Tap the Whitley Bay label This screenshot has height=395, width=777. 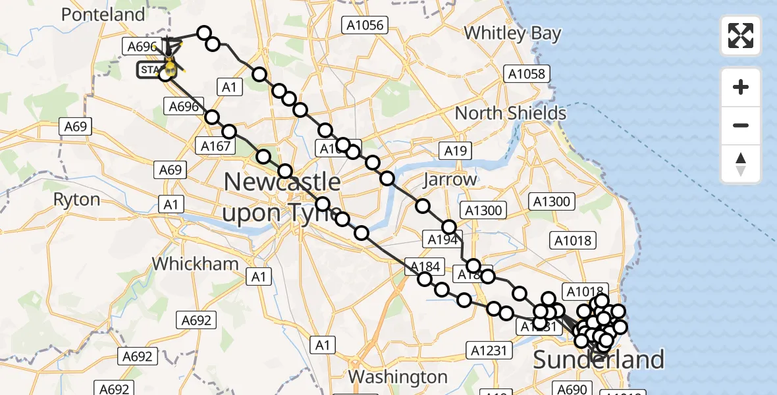(512, 33)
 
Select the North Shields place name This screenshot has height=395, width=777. (510, 113)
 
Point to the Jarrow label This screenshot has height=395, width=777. (450, 179)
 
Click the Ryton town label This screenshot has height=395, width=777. (77, 199)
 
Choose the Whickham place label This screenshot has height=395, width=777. (196, 264)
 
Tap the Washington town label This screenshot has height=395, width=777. (398, 377)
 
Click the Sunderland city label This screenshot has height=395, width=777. (598, 360)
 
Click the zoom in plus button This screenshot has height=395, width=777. (741, 87)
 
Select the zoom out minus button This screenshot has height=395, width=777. (741, 125)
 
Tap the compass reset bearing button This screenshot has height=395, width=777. (741, 164)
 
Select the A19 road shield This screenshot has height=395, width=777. (455, 151)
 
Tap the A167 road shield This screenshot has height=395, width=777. (215, 145)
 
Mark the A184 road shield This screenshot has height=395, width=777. (424, 265)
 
